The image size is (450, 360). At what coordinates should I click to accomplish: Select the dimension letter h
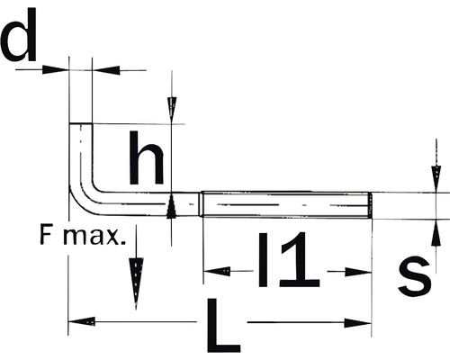point(145,160)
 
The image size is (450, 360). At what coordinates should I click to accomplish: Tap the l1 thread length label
point(288,261)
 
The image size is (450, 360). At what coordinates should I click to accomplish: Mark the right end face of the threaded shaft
point(370,204)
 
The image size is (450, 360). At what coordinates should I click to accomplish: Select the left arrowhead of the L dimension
point(82,321)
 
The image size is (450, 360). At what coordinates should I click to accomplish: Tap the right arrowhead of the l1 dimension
point(359,271)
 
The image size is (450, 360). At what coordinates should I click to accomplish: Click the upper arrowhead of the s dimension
point(436,177)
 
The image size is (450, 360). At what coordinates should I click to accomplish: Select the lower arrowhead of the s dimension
point(436,230)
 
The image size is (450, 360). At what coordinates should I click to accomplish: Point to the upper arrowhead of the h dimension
point(172,109)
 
